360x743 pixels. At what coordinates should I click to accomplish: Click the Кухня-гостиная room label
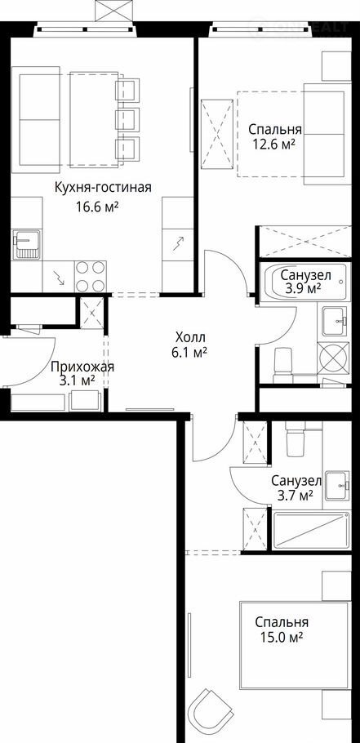point(103,188)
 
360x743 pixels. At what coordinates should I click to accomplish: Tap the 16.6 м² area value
point(96,207)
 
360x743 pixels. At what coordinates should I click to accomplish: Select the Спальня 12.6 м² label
point(275,136)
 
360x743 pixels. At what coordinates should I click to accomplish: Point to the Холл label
point(190,338)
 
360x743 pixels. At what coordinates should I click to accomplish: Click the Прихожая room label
point(82,367)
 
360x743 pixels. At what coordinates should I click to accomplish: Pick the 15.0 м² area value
point(282,638)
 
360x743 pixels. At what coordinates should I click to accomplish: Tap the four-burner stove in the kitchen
point(91,276)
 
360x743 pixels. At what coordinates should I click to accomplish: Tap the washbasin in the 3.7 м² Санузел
point(338,485)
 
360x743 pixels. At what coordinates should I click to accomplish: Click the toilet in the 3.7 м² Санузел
point(297,438)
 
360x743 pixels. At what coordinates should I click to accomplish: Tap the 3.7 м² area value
point(293,495)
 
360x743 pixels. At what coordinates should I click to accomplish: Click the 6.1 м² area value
point(191,352)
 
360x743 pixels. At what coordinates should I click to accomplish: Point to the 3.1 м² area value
point(78,380)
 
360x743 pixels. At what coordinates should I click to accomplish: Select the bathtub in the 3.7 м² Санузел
point(312,531)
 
